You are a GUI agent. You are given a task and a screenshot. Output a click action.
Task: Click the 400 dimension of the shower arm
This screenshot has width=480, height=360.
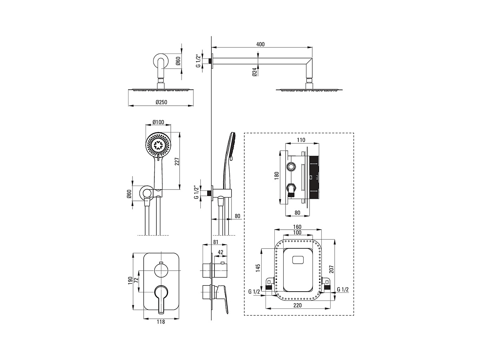pyautogui.click(x=260, y=44)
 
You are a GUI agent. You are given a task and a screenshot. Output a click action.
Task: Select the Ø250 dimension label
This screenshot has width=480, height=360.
pyautogui.click(x=161, y=102)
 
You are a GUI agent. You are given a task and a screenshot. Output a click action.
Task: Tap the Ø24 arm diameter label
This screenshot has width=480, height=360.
pyautogui.click(x=254, y=72)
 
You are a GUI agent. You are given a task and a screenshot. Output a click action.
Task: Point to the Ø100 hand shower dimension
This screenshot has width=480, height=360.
pyautogui.click(x=158, y=122)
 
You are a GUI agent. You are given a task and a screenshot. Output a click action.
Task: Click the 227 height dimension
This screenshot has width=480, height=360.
pyautogui.click(x=177, y=161)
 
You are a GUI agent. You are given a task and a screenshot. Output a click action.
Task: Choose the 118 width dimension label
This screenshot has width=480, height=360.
pyautogui.click(x=161, y=322)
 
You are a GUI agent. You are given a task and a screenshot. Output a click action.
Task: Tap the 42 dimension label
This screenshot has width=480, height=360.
pyautogui.click(x=220, y=252)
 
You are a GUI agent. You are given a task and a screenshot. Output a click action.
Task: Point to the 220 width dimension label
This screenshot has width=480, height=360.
pyautogui.click(x=298, y=305)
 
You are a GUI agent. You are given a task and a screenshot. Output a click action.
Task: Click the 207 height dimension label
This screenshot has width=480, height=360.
pyautogui.click(x=331, y=269)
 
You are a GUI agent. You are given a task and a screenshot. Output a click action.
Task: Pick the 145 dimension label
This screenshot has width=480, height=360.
pyautogui.click(x=258, y=268)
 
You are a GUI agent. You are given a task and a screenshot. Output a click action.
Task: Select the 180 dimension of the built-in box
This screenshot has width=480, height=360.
pyautogui.click(x=277, y=176)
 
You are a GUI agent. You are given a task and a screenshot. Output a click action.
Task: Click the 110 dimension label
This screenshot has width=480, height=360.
pyautogui.click(x=301, y=140)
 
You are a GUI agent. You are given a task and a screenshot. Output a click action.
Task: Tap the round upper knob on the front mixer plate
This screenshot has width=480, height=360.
pyautogui.click(x=161, y=271)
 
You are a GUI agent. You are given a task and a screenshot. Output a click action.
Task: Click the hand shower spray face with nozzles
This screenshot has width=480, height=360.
pyautogui.click(x=158, y=145)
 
